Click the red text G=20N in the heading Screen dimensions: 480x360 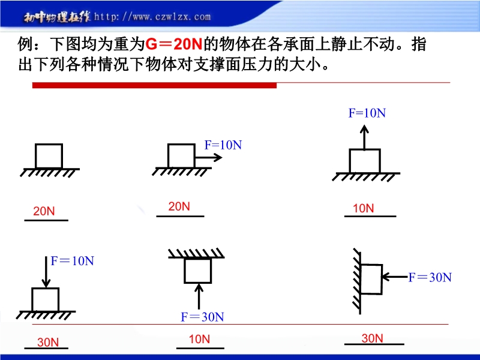coord(173,44)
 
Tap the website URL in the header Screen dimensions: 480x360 coord(152,17)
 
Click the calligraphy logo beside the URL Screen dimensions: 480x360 coord(57,17)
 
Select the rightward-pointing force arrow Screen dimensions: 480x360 coord(208,158)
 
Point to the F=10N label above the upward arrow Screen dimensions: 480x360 coord(367,113)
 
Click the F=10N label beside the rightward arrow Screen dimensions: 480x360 coord(223,145)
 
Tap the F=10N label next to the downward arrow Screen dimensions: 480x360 coord(72,261)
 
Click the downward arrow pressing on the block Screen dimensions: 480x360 coord(46,272)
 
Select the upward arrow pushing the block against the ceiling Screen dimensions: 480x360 coord(199,296)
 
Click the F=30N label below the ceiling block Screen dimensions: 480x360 coord(202,317)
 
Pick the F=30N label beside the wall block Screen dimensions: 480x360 coord(430,277)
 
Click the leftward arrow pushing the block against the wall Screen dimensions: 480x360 coord(395,277)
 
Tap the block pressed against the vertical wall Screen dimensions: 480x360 coord(371,279)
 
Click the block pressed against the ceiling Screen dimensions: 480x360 coord(198,271)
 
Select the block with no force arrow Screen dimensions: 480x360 coord(49,156)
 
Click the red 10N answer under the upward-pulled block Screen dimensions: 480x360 coord(364,208)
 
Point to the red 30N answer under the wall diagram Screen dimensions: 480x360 coord(372,338)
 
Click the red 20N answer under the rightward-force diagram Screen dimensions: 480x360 coord(179,206)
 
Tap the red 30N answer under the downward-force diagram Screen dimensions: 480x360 coord(48,342)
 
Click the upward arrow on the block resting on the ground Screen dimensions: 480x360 coord(364,137)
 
